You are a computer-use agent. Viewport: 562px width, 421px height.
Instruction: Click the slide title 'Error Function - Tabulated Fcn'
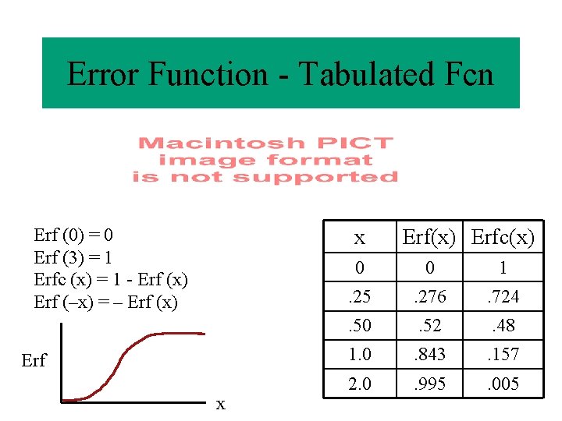280,75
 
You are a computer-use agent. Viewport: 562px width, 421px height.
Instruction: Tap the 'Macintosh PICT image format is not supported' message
265,160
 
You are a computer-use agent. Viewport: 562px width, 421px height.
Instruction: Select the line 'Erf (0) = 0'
74,235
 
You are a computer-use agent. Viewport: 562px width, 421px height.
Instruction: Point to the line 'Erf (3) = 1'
73,256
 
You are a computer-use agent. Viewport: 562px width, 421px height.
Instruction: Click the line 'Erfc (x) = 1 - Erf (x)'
111,279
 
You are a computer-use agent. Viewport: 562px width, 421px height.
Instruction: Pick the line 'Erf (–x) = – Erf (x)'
106,302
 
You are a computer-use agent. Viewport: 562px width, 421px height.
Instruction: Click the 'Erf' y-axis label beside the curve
34,360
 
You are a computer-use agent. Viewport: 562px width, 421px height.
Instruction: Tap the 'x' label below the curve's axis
221,404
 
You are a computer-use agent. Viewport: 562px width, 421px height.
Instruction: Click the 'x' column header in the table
359,238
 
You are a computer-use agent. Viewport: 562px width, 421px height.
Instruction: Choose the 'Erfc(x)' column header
503,238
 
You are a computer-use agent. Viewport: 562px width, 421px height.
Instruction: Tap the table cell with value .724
503,297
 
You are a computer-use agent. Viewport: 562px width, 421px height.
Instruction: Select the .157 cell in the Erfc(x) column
503,355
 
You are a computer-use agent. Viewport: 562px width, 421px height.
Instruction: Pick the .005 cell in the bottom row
503,384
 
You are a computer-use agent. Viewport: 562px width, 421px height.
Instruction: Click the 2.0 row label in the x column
359,384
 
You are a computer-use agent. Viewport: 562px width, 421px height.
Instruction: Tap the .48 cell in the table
503,326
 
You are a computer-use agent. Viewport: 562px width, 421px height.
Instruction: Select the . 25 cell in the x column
359,297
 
